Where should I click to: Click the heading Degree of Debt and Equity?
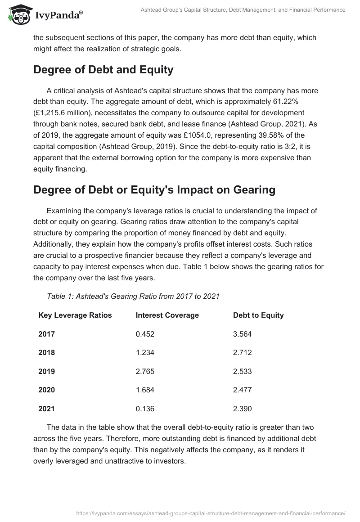[x=103, y=70]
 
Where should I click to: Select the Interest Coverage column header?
[x=167, y=315]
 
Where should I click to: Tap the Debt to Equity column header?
[x=258, y=315]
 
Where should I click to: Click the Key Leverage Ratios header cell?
[x=75, y=315]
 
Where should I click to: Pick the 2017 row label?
[x=46, y=334]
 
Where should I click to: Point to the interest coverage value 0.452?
[x=145, y=334]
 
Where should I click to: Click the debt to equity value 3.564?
[x=242, y=334]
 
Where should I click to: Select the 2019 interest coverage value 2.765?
[x=145, y=371]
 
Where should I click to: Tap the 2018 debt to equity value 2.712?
[x=242, y=352]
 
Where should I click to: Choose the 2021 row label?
[x=46, y=409]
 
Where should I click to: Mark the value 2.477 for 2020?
[x=242, y=390]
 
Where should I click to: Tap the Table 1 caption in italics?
[x=133, y=296]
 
